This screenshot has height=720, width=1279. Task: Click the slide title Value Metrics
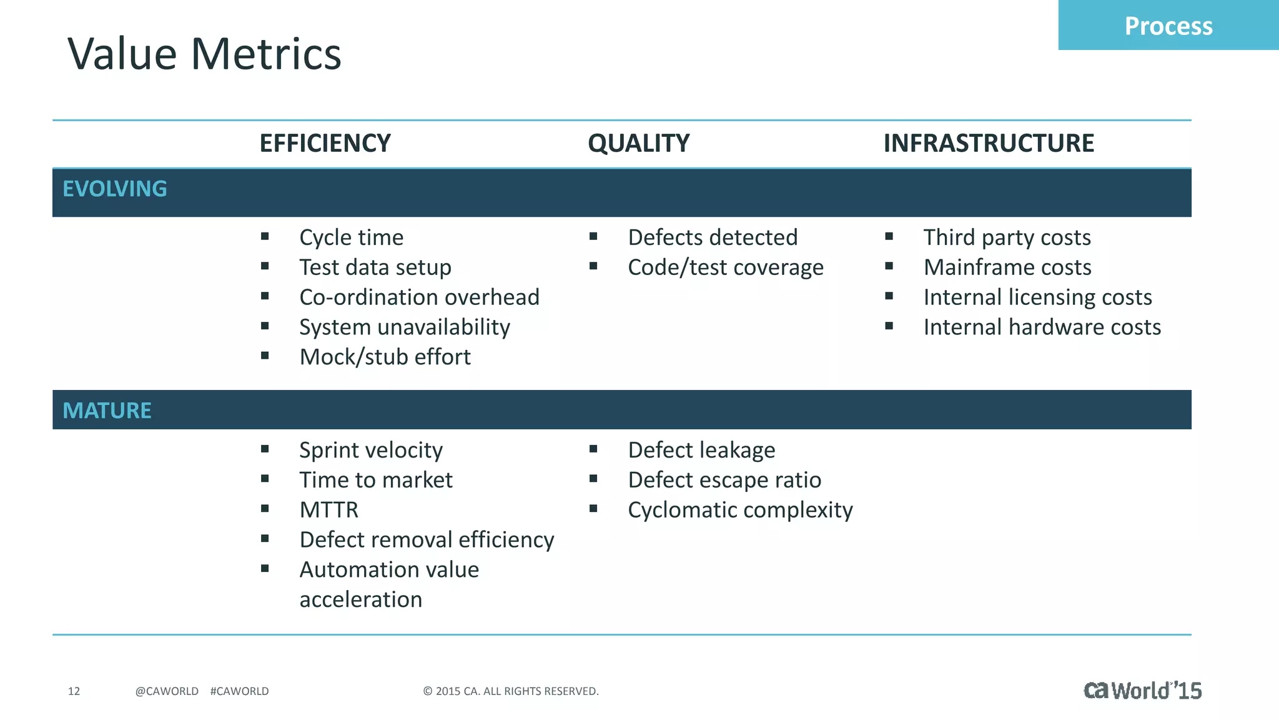coord(204,54)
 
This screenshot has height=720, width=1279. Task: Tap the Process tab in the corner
coord(1168,26)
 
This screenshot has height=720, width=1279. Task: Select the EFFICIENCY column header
coord(325,143)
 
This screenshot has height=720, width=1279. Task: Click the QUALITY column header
coord(638,143)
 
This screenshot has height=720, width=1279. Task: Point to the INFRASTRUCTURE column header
coord(988,143)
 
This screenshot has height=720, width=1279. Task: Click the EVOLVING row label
coord(115,189)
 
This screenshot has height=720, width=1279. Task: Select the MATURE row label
coord(107,411)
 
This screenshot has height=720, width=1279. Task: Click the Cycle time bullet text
coord(351,237)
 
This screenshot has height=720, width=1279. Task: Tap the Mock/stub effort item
coord(385,357)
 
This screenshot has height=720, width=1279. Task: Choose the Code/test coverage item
coord(725,267)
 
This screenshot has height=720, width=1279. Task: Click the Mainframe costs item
coord(1007,267)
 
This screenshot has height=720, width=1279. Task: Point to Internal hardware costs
coord(1042,327)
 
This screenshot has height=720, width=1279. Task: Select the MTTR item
coord(328,510)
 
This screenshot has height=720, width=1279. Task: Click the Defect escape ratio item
coord(724,480)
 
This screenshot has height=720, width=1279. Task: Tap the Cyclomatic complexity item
coord(740,510)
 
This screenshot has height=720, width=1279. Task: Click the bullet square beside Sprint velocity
coord(265,449)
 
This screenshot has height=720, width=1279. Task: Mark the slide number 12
coord(74,691)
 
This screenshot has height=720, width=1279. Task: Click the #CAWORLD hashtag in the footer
coord(239,691)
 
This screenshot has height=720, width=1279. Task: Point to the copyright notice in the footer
coord(510,691)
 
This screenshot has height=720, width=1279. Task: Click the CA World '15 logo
coord(1142,690)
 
